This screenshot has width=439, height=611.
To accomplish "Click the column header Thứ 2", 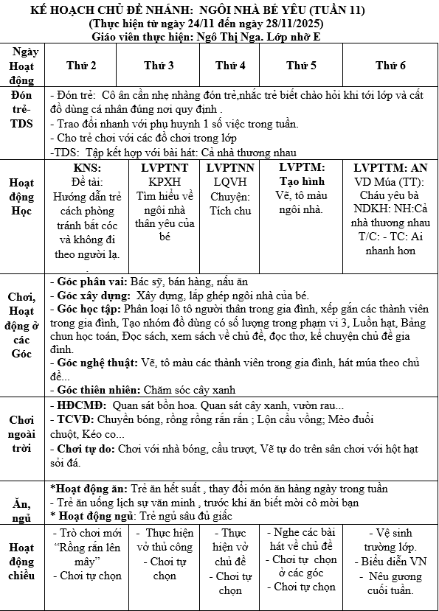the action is (x=81, y=66).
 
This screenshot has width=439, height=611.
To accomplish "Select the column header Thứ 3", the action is (x=159, y=66).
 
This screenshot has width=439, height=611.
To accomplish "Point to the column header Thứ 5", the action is (x=302, y=66).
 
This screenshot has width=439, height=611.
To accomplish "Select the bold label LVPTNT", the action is (x=159, y=167).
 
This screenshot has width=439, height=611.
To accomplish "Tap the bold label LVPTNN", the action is (x=230, y=167).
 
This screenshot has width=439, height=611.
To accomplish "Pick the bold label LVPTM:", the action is (x=302, y=167).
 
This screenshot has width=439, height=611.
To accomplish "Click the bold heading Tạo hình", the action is (x=302, y=181).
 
